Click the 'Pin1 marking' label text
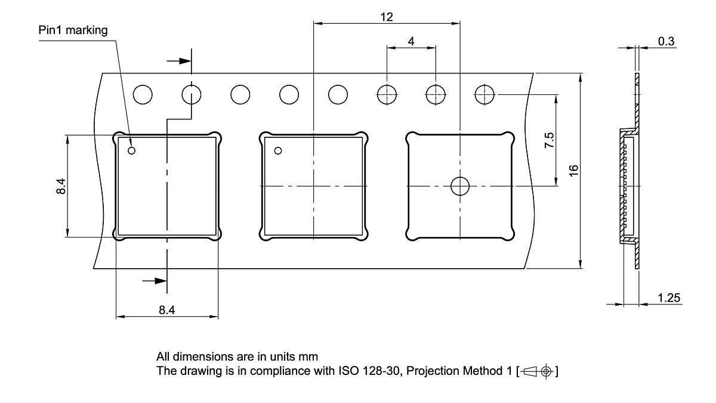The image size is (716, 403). tap(73, 30)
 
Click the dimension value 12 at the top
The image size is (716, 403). tap(387, 17)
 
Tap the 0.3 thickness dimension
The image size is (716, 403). tap(666, 41)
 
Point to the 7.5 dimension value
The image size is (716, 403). tap(550, 140)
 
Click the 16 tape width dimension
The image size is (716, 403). tap(573, 170)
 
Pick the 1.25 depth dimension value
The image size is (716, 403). tap(669, 298)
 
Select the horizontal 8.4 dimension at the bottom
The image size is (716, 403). tap(167, 310)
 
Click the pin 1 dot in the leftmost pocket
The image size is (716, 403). tap(132, 150)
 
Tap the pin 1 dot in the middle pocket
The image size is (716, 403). tap(278, 150)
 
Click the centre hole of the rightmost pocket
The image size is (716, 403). tap(459, 186)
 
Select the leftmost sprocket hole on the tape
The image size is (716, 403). tap(143, 94)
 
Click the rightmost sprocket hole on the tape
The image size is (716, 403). tap(484, 94)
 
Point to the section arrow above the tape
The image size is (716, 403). tap(177, 61)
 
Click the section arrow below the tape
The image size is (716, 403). tap(153, 280)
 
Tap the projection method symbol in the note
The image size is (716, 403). tap(539, 371)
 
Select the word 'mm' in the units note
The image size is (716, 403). tap(308, 356)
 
